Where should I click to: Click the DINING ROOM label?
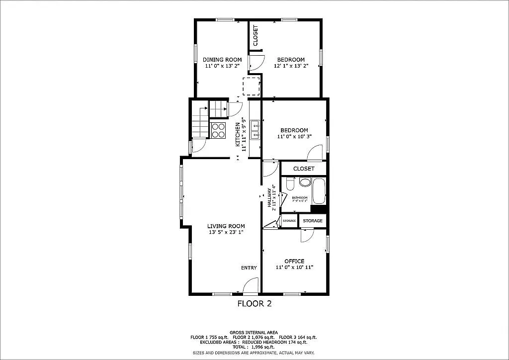tap(222, 60)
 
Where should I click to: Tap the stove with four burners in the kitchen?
tap(218, 130)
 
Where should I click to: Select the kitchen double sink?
tap(255, 129)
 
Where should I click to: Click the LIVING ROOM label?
tap(226, 226)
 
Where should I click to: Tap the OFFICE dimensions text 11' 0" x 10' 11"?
tap(294, 268)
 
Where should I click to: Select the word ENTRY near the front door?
tap(249, 268)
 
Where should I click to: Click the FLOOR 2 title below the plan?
tap(254, 303)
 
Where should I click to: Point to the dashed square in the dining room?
tap(251, 86)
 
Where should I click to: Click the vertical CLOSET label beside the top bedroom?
tap(255, 36)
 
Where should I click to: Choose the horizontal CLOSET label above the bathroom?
tap(304, 169)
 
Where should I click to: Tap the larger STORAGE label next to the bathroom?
tap(313, 221)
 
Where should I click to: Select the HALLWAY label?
tap(270, 197)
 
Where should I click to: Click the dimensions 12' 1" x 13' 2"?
tap(291, 66)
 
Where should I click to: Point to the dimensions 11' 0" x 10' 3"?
tap(294, 136)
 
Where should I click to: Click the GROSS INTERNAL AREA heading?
tap(254, 332)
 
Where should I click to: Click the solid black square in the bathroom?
tap(322, 209)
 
